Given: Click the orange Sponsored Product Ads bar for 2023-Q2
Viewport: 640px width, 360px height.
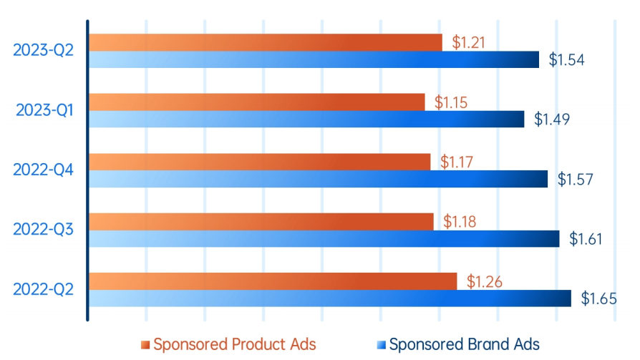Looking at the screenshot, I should coord(265,42).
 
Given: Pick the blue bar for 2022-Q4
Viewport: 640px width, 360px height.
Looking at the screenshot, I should coord(318,179).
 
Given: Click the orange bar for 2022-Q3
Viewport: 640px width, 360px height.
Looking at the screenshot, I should coord(261,221).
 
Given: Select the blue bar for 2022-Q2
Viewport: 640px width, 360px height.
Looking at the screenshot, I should coord(329,298).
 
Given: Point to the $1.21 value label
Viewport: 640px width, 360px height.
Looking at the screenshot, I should coord(469,42).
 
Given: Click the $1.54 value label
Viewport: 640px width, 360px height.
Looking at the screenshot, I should coord(566,60).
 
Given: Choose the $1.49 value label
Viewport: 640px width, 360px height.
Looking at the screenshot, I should coord(551,120).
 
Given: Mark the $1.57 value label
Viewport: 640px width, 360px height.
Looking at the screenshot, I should coord(575,179).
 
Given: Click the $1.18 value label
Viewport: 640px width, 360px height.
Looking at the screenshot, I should coord(460,221).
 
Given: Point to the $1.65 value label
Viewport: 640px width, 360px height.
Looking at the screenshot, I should coord(598,298).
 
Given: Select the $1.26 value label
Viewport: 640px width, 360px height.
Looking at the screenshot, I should coord(484,281).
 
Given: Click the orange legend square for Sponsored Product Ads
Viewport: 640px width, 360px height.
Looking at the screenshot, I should coord(145,345).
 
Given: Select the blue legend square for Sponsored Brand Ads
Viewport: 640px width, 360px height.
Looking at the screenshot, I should coord(381,345).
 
